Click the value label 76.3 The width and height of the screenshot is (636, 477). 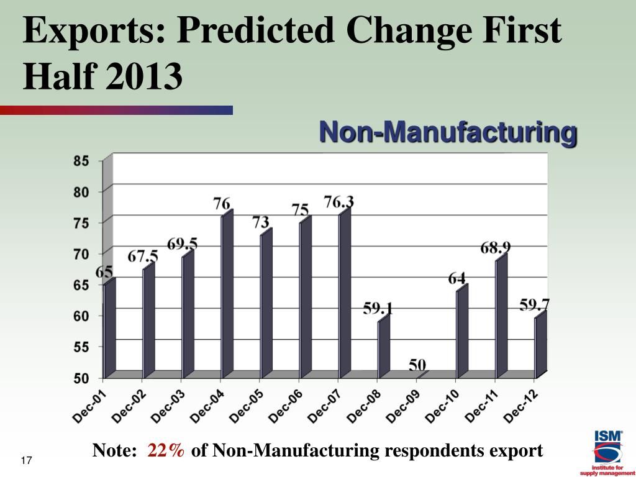[x=339, y=202]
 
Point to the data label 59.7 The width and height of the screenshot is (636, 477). [x=535, y=305]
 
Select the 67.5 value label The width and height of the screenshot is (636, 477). [x=143, y=257]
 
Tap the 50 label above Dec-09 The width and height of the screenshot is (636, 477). [x=417, y=365]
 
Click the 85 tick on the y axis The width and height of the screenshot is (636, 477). [x=82, y=161]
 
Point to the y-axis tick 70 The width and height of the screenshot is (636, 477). [x=82, y=254]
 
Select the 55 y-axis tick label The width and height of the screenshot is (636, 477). [x=82, y=347]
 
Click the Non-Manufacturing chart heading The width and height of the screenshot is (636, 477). [x=448, y=132]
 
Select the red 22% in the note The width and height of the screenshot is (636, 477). [x=166, y=451]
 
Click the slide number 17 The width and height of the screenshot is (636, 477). [x=26, y=460]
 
